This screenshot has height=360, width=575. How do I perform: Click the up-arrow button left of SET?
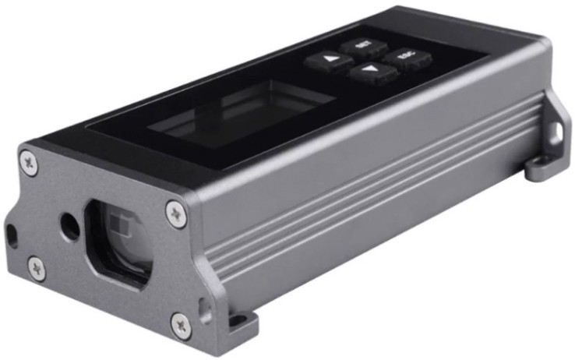pos(326,60)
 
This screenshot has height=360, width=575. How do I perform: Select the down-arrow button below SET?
pos(367,73)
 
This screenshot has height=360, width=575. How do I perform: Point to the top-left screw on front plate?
pos(29,163)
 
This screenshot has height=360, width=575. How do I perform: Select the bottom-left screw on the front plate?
pos(37,268)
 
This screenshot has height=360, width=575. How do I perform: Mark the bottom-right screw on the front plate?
pos(181,321)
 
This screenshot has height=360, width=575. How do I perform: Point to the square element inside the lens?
pos(117,234)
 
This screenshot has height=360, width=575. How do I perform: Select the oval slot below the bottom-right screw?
pos(205,305)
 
